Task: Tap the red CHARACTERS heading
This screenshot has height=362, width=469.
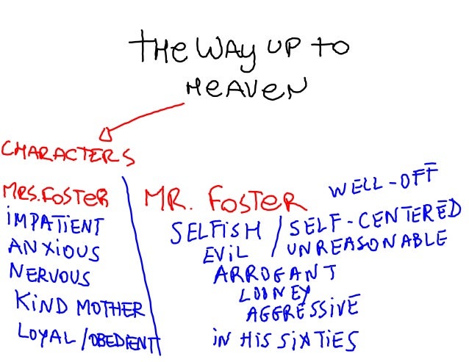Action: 68,153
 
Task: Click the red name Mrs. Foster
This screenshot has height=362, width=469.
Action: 56,195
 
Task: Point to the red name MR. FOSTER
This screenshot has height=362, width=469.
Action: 223,199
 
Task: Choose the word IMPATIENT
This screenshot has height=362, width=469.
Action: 54,222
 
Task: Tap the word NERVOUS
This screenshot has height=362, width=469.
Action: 50,275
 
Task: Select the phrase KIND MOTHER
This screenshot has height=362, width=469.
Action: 81,305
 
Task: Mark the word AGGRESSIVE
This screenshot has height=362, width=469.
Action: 302,308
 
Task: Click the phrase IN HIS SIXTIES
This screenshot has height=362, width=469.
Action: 284,340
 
